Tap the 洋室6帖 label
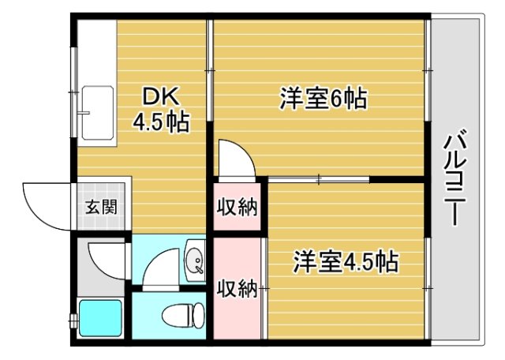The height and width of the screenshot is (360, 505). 322,100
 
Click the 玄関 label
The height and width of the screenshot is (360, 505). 101,208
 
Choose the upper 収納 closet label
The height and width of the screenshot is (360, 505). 238,208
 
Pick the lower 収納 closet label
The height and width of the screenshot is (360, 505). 238,288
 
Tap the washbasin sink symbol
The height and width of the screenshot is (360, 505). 193,261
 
